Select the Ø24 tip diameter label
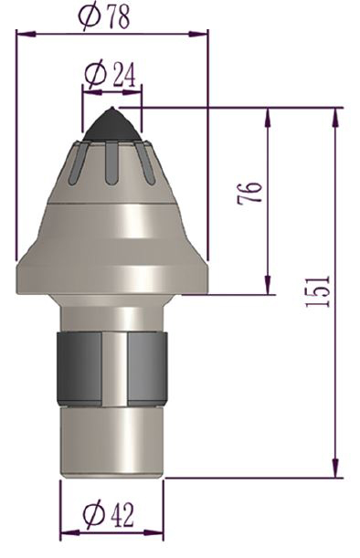point(111,75)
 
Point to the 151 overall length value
point(319,290)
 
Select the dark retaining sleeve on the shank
point(78,369)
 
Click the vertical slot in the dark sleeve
point(114,369)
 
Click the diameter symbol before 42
point(92,515)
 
